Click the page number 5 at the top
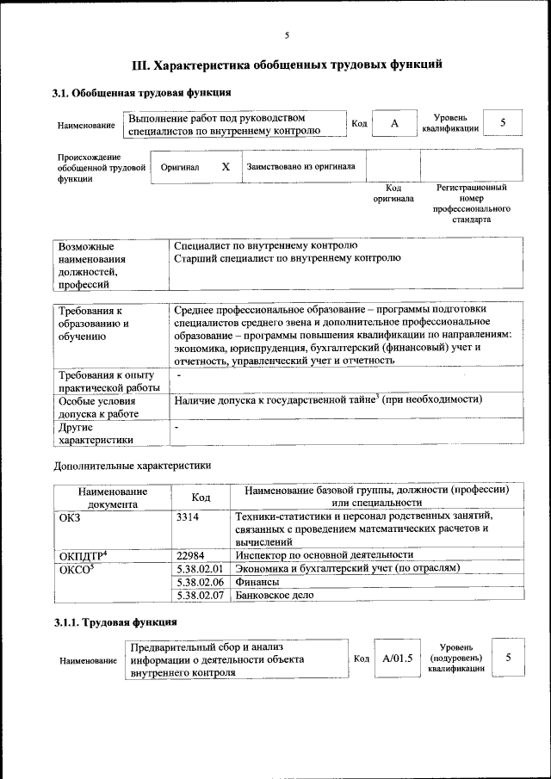tap(287, 35)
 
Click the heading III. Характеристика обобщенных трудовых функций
tap(287, 64)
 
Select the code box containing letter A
tap(394, 123)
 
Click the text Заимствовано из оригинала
tap(300, 166)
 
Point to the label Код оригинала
tap(393, 193)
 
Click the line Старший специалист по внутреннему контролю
tap(287, 257)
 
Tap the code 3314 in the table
tap(187, 516)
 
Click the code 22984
tap(190, 555)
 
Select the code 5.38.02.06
tap(199, 582)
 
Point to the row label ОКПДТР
tap(83, 555)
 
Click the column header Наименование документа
tap(112, 497)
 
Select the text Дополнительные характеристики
tap(132, 466)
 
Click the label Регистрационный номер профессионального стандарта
tap(472, 203)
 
